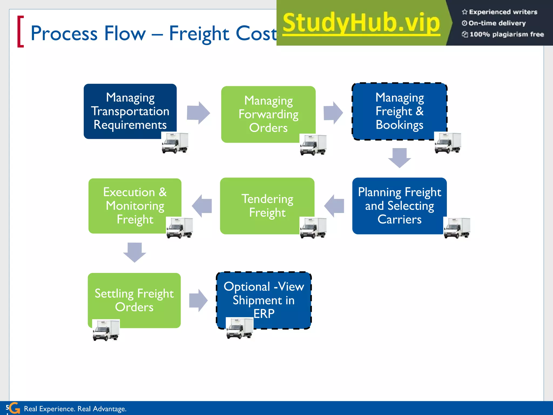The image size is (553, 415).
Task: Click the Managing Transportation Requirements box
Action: coord(130,111)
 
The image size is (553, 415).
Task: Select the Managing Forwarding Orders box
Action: coord(268,114)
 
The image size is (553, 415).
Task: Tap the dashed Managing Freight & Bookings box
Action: coord(399,111)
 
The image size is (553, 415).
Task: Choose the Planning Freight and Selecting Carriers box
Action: coord(399,206)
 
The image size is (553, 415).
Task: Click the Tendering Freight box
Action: coord(267,206)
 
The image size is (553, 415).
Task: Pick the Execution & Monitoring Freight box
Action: coord(135,206)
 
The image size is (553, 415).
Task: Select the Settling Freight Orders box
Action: coord(134,300)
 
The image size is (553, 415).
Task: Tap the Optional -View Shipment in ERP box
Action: coord(264,300)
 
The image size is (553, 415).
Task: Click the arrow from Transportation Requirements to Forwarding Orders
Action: coord(198,113)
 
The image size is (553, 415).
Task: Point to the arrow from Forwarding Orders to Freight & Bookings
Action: coord(333,113)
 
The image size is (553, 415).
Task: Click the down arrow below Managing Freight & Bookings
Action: coord(399,158)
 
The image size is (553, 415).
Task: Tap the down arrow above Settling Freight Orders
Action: coord(134,252)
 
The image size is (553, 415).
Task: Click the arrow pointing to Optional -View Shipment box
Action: coord(198,300)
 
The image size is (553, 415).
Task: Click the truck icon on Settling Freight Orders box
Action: coord(106,330)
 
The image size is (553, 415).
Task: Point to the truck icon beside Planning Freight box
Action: coord(457,228)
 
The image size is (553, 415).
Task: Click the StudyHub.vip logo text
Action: coord(361,23)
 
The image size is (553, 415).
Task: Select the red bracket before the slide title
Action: coord(21,32)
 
